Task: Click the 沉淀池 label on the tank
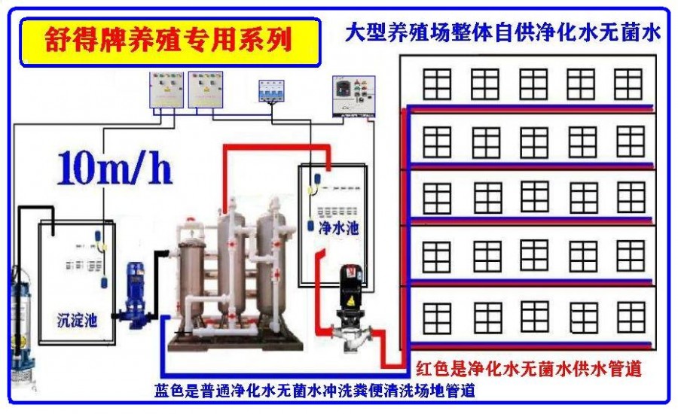point(78,320)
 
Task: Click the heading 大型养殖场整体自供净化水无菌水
point(503,34)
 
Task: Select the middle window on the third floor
point(534,198)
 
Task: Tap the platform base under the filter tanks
point(234,342)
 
